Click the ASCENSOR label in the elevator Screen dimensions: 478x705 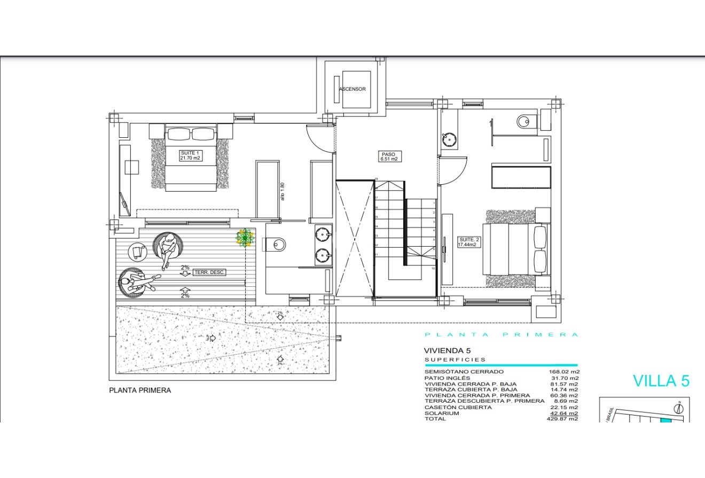(352, 89)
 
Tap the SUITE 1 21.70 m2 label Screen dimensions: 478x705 (190, 155)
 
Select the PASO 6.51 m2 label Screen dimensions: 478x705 (388, 156)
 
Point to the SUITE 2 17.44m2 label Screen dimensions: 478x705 (469, 242)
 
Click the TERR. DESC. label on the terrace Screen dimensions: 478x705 (210, 272)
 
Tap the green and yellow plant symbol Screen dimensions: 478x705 (245, 238)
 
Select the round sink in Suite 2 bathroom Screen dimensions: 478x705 (449, 140)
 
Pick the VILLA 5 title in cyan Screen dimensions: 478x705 (661, 381)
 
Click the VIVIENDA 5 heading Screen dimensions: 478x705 (443, 350)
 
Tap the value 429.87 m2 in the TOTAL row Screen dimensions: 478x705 (563, 419)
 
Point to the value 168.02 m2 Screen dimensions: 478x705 (563, 372)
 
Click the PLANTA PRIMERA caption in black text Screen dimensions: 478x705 (140, 390)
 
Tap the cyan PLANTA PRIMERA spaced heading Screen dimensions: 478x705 (501, 335)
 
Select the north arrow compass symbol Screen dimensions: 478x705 (679, 409)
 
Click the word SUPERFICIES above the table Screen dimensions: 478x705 (455, 360)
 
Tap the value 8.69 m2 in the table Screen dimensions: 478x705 (566, 401)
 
